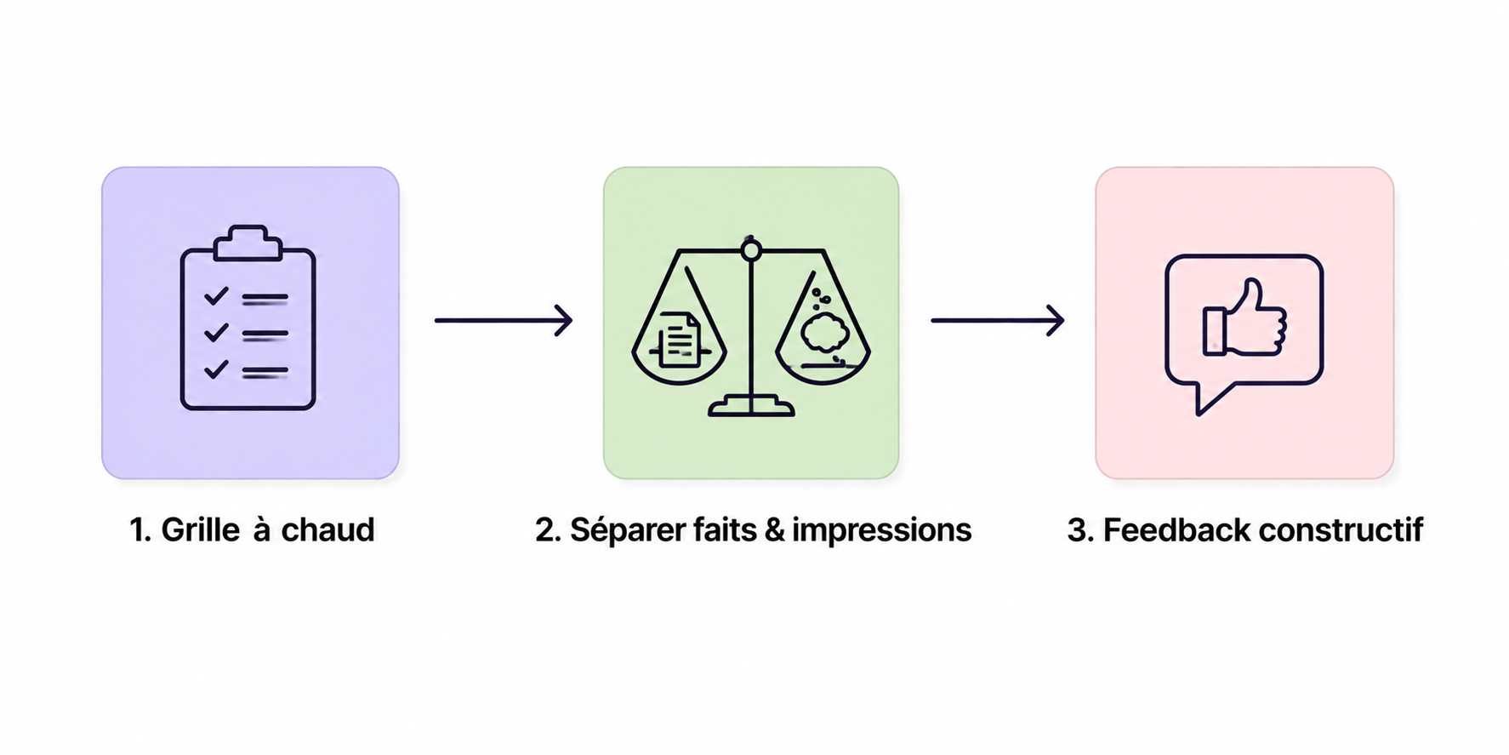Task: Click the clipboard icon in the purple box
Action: click(248, 317)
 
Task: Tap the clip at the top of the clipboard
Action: click(248, 243)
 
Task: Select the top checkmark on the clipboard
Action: click(216, 295)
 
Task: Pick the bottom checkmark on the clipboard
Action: click(216, 369)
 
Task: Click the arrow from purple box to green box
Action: click(504, 320)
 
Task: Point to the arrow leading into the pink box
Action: click(998, 320)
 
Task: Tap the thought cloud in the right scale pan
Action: click(823, 332)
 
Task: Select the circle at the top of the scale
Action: click(750, 250)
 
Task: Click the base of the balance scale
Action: click(751, 406)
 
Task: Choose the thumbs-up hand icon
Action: click(1244, 317)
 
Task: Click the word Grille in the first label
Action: click(201, 530)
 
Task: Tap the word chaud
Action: click(327, 529)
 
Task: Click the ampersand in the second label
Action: click(774, 530)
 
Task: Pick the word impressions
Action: click(881, 530)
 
